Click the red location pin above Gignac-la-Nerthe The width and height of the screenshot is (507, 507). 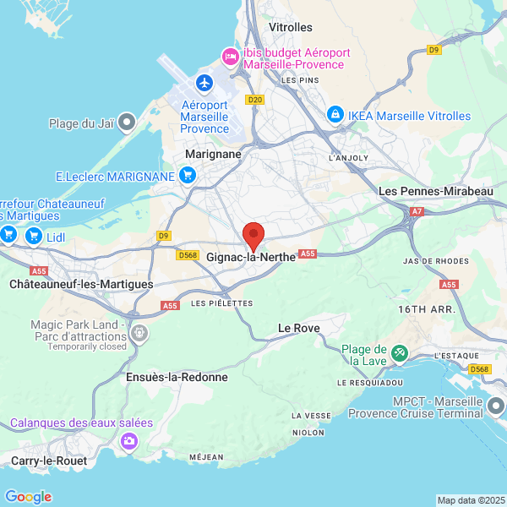(253, 235)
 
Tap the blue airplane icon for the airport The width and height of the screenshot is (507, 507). (204, 83)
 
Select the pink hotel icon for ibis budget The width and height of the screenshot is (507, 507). (229, 57)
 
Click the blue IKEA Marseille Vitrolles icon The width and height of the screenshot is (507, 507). (335, 113)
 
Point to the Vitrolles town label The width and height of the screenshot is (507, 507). (290, 27)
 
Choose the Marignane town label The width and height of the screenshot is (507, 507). (213, 154)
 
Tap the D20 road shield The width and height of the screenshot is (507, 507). (255, 100)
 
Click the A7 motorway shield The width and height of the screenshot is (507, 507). (417, 211)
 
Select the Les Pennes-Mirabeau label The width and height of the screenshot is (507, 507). (436, 192)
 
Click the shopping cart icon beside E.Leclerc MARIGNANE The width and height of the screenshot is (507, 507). (188, 176)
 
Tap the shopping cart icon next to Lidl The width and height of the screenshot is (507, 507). (34, 236)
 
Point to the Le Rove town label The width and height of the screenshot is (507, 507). (298, 327)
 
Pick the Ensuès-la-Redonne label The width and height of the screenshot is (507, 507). (177, 377)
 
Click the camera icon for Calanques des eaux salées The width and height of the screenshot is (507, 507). (128, 440)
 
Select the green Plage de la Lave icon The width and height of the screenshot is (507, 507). (400, 352)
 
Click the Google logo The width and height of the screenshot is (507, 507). (29, 497)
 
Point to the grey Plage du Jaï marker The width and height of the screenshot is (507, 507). (127, 123)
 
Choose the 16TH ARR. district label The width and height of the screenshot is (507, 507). (427, 310)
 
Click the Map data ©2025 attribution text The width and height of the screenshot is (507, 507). (470, 499)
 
